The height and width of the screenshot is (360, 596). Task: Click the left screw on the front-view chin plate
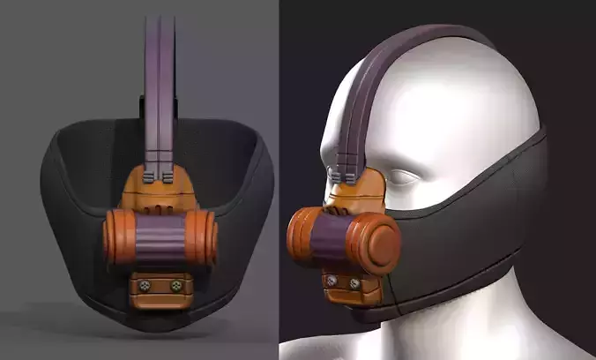[142, 285]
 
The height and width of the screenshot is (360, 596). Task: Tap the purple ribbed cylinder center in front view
[160, 237]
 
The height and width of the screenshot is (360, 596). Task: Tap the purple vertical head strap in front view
[160, 71]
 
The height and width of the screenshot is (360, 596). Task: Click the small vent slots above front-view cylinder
[160, 210]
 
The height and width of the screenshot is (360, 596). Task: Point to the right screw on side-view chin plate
[354, 284]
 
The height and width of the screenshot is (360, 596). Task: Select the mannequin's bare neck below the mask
[494, 326]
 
